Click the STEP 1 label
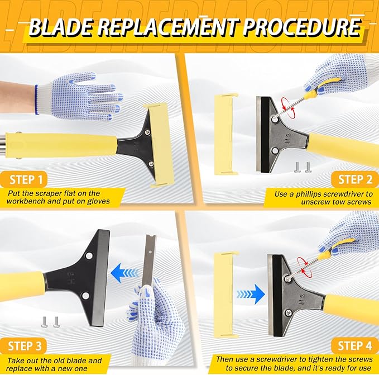click(26, 180)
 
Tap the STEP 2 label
click(355, 180)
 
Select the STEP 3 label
click(25, 346)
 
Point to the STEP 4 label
click(355, 346)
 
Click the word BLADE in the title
click(61, 27)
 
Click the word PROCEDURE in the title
click(302, 26)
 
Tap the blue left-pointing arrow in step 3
click(124, 273)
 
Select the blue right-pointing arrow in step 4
click(251, 294)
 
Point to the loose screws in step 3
click(50, 322)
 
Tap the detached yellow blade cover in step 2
click(226, 134)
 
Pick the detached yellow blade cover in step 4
click(226, 294)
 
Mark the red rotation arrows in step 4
click(305, 267)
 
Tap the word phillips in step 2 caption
click(309, 194)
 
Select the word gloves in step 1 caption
click(98, 201)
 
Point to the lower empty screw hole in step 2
click(275, 151)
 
